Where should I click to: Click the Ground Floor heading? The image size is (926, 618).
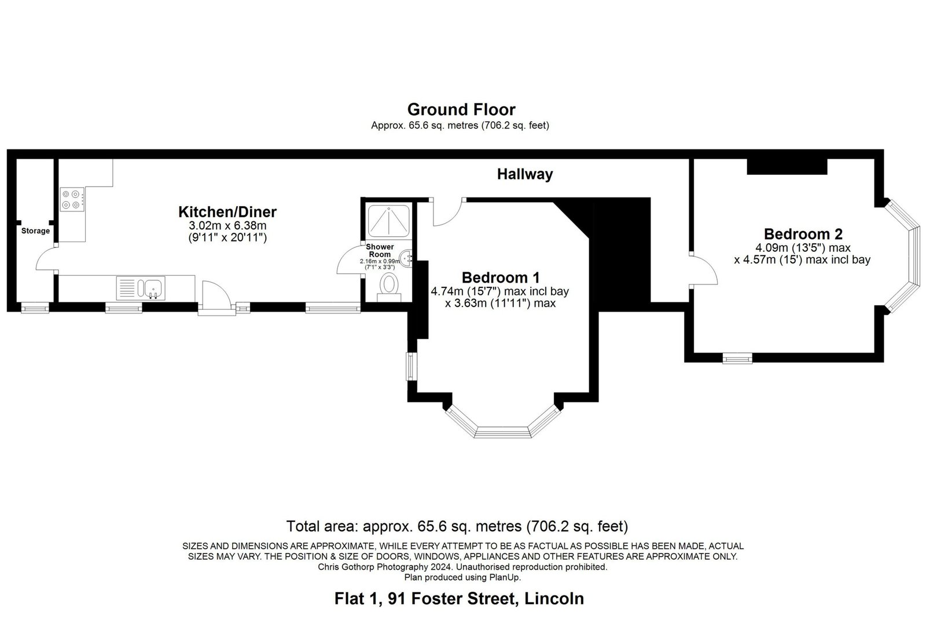461,109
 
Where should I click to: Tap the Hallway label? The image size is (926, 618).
524,174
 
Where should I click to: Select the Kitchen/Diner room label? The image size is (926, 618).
227,212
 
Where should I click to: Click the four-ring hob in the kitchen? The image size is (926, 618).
72,199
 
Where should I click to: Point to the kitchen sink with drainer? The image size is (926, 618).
141,288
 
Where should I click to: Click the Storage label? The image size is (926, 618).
35,231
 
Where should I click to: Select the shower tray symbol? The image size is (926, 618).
389,221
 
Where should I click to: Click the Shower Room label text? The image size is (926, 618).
380,251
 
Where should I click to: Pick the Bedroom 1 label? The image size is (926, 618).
501,277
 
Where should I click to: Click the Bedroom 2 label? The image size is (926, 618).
803,234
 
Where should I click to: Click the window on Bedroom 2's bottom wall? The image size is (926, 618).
737,358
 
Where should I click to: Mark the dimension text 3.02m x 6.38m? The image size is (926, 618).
227,226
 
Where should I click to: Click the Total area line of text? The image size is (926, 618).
457,526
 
